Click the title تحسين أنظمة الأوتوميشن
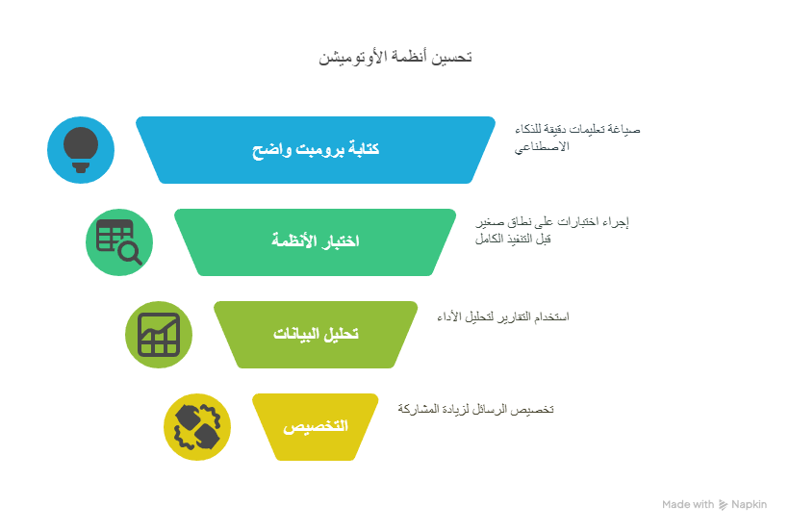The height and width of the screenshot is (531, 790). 395,57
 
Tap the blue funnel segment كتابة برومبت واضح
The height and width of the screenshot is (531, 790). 316,150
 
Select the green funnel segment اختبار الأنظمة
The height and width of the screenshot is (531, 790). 316,242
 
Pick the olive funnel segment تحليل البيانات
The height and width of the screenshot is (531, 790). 316,335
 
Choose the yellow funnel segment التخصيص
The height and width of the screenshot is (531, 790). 316,427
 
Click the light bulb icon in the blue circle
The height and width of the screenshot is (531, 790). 81,150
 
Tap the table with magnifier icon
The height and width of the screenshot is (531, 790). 119,242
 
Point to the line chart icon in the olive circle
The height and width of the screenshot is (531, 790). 159,335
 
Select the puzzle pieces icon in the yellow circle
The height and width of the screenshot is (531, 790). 197,427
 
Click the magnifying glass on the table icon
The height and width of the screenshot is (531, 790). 131,253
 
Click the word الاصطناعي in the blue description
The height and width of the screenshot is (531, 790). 542,147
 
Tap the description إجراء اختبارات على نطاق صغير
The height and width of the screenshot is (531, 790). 552,221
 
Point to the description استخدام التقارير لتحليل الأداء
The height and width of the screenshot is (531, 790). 503,316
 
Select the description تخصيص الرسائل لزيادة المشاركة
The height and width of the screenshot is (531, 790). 475,409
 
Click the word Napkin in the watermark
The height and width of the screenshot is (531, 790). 750,504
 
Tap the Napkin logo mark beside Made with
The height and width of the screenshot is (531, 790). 723,504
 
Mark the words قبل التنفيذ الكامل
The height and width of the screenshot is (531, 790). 513,239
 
